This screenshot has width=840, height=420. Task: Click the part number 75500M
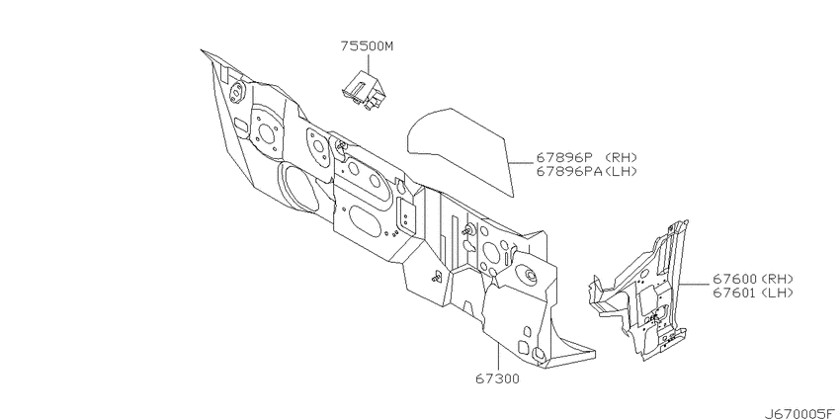click(x=367, y=46)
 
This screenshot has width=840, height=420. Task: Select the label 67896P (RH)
click(x=587, y=157)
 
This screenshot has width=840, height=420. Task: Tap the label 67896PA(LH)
click(x=587, y=171)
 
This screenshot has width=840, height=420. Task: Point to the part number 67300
click(x=497, y=379)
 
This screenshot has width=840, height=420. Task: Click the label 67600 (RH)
click(x=753, y=279)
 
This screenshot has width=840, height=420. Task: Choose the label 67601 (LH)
click(x=753, y=293)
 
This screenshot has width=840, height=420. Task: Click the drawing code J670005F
click(x=799, y=413)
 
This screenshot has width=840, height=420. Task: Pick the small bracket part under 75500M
click(x=363, y=89)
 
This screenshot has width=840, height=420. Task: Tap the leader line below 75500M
click(x=368, y=61)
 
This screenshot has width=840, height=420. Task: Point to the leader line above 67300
click(x=498, y=358)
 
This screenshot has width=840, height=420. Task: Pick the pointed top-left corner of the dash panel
click(x=202, y=50)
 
